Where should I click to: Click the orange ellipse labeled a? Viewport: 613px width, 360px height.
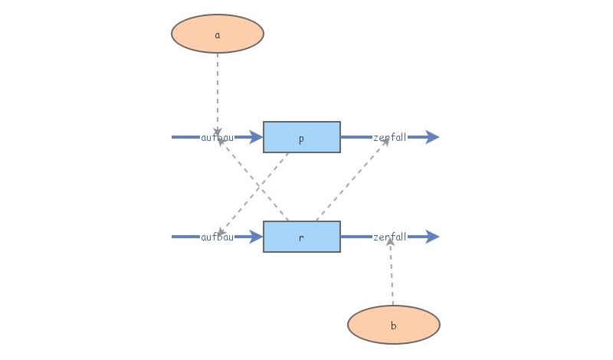click(218, 34)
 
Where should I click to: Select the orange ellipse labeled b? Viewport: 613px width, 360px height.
click(394, 325)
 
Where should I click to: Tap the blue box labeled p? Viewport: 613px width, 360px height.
click(302, 138)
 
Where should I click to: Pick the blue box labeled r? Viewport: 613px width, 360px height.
click(302, 237)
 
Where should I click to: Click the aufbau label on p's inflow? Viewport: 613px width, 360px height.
click(217, 138)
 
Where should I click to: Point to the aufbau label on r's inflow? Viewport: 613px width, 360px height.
click(217, 237)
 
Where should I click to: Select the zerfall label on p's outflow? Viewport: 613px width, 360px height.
click(389, 138)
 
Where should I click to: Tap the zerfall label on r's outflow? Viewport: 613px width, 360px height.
click(389, 237)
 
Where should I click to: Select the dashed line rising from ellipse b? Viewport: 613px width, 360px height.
click(392, 276)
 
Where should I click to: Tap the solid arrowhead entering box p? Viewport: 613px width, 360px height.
click(256, 138)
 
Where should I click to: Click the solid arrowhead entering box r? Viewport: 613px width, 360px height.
click(256, 237)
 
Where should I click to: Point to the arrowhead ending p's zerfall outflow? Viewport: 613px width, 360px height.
click(432, 138)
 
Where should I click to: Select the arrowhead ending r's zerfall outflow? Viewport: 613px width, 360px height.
click(432, 237)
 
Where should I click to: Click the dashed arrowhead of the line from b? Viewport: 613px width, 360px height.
click(390, 241)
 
